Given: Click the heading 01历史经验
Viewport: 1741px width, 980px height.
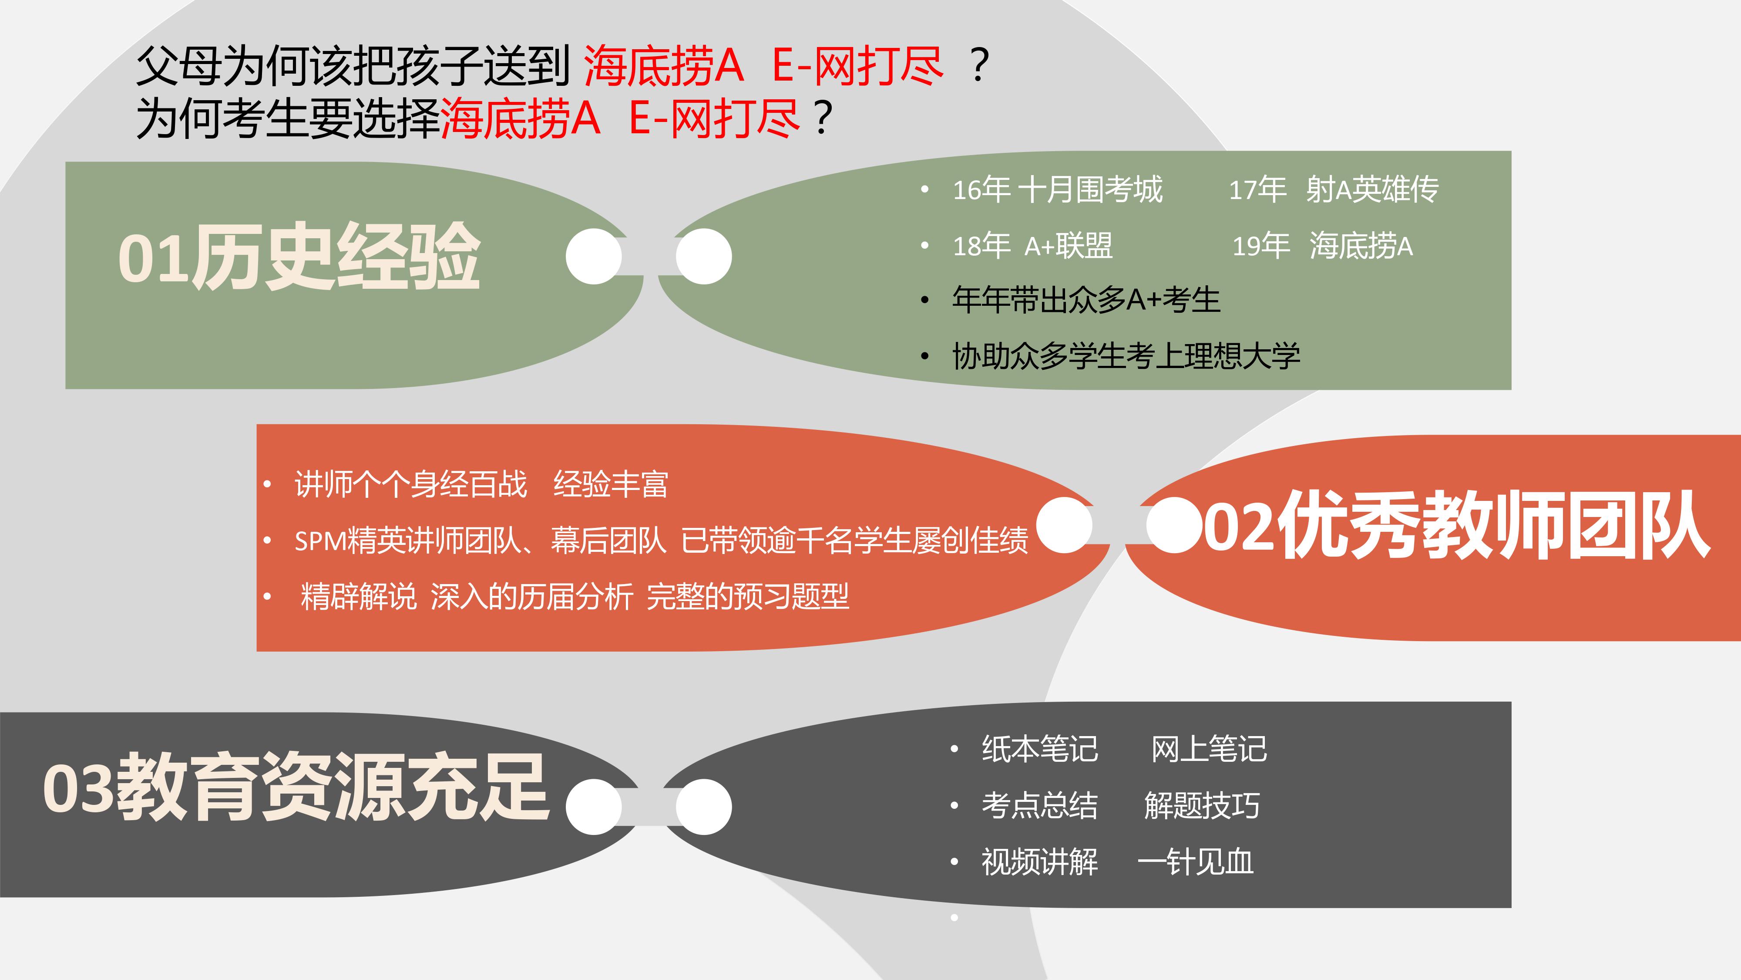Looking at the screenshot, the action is tap(299, 257).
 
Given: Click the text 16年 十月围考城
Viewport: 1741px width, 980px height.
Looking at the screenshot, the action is tap(1058, 189).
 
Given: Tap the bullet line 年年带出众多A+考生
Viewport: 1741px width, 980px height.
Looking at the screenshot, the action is tap(1086, 300).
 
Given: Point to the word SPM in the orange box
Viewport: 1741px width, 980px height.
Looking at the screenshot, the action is tap(320, 541).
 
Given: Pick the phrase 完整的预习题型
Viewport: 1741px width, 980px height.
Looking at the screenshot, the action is tap(747, 597).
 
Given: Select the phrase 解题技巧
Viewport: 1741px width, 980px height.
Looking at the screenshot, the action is tap(1202, 805).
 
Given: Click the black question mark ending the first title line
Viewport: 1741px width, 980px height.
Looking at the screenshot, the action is tap(979, 66).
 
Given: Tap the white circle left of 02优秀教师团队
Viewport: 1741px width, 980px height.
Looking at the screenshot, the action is tap(1175, 526).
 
